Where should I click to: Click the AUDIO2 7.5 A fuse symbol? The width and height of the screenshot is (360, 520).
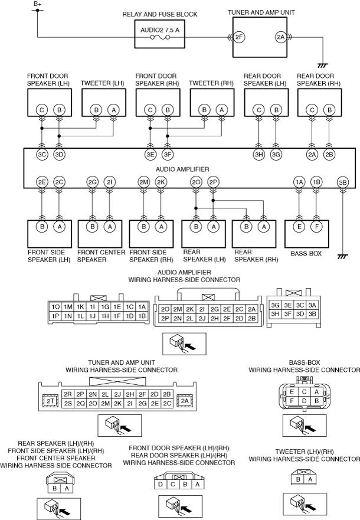[x=160, y=37]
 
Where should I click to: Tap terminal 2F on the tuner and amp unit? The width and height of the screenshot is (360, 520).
[x=238, y=37]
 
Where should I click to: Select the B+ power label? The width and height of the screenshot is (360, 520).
[x=37, y=4]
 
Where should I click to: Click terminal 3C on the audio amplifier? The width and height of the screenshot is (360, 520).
[x=42, y=154]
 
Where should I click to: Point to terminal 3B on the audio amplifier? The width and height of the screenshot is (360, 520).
[x=343, y=182]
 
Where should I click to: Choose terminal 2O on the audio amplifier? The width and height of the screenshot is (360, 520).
[x=196, y=182]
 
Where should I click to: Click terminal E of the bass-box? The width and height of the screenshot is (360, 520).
[x=299, y=227]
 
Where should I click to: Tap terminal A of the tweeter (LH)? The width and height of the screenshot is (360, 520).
[x=113, y=110]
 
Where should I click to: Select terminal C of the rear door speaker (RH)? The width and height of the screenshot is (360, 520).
[x=312, y=110]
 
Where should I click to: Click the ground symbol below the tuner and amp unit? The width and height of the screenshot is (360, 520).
[x=323, y=66]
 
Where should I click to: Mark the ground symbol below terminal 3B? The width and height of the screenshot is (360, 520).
[x=343, y=257]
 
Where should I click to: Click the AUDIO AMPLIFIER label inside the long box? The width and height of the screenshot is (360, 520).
[x=182, y=169]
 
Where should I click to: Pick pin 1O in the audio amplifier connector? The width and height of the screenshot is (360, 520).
[x=55, y=307]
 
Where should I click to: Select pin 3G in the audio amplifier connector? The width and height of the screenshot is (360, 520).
[x=275, y=305]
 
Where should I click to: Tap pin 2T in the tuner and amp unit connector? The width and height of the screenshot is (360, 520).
[x=50, y=401]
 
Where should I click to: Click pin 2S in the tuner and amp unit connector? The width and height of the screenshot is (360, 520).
[x=68, y=404]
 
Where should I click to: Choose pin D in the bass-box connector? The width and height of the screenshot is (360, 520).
[x=305, y=401]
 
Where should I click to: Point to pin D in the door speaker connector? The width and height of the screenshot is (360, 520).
[x=161, y=484]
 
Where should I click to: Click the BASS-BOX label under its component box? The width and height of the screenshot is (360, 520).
[x=306, y=254]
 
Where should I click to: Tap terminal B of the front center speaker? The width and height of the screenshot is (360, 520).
[x=92, y=227]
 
